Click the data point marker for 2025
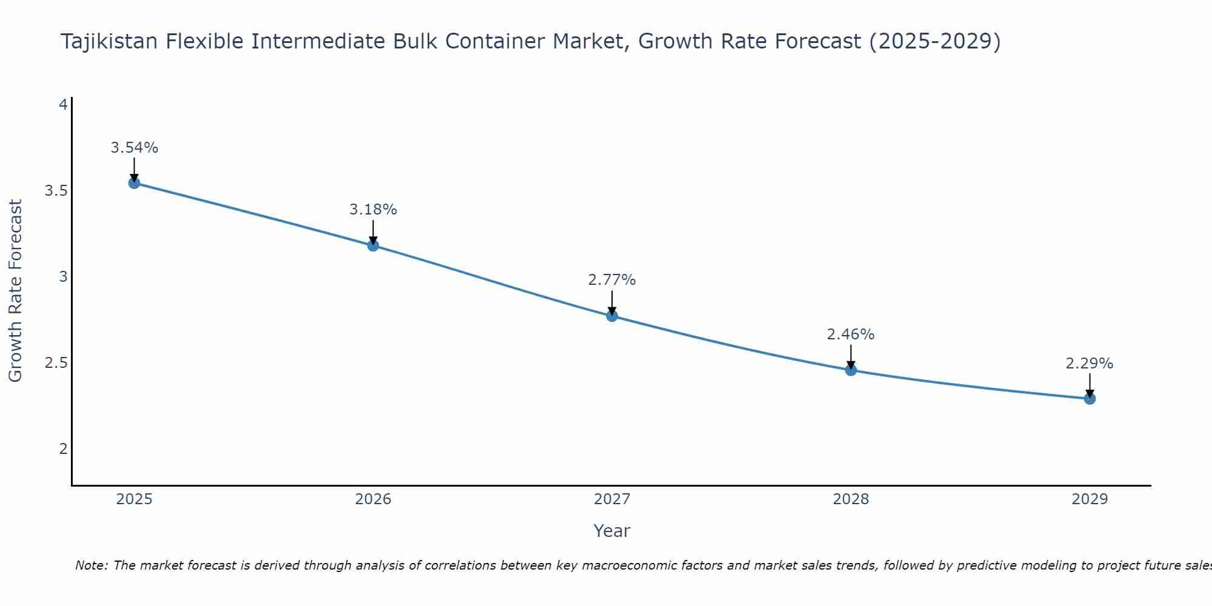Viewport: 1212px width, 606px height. point(135,183)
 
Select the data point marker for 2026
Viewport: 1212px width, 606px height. point(373,245)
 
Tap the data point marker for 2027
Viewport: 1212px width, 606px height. point(612,316)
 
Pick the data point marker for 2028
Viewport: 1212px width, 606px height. point(851,370)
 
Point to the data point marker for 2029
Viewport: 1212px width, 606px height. point(1090,399)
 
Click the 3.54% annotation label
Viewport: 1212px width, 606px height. point(135,148)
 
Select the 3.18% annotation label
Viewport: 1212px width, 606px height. point(373,210)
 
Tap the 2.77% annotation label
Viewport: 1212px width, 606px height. point(612,280)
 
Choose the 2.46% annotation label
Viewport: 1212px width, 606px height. point(851,335)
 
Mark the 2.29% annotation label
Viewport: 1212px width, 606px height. point(1090,364)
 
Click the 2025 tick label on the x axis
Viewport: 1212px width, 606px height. point(135,499)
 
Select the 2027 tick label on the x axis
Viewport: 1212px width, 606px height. point(612,499)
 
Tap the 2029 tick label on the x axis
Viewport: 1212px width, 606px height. point(1090,499)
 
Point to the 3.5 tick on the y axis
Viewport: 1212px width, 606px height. point(56,191)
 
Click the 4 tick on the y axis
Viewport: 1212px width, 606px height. point(62,105)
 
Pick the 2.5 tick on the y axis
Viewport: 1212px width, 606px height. point(56,363)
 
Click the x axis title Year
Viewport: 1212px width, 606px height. point(612,531)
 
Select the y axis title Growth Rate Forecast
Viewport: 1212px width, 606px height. point(16,291)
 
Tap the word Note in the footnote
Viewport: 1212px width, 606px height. point(91,566)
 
